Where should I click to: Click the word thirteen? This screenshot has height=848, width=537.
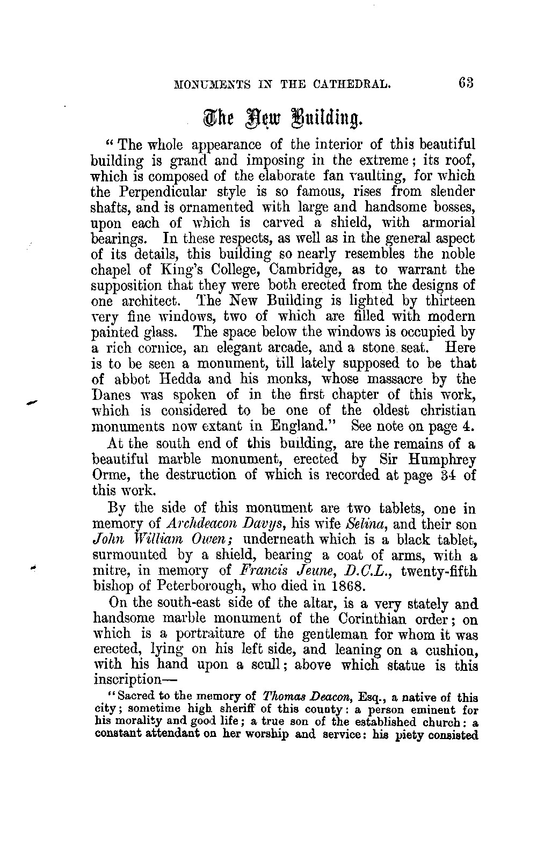450,301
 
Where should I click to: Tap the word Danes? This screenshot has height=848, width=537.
110,395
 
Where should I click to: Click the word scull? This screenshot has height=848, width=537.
265,666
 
